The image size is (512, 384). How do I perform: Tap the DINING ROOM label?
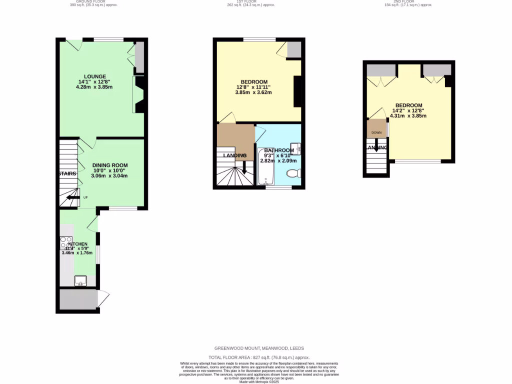tap(109, 165)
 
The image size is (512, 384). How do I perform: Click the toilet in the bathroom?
tap(292, 173)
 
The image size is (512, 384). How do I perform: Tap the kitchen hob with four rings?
tap(66, 242)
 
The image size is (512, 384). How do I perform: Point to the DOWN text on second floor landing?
tap(376, 132)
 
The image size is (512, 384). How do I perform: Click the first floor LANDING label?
tap(234, 155)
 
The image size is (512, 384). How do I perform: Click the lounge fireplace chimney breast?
tap(139, 94)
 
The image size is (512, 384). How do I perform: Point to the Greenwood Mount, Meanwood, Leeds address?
tap(259, 348)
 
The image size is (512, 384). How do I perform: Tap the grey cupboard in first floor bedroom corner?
tap(294, 48)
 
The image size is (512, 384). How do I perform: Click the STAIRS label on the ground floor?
tap(67, 173)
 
